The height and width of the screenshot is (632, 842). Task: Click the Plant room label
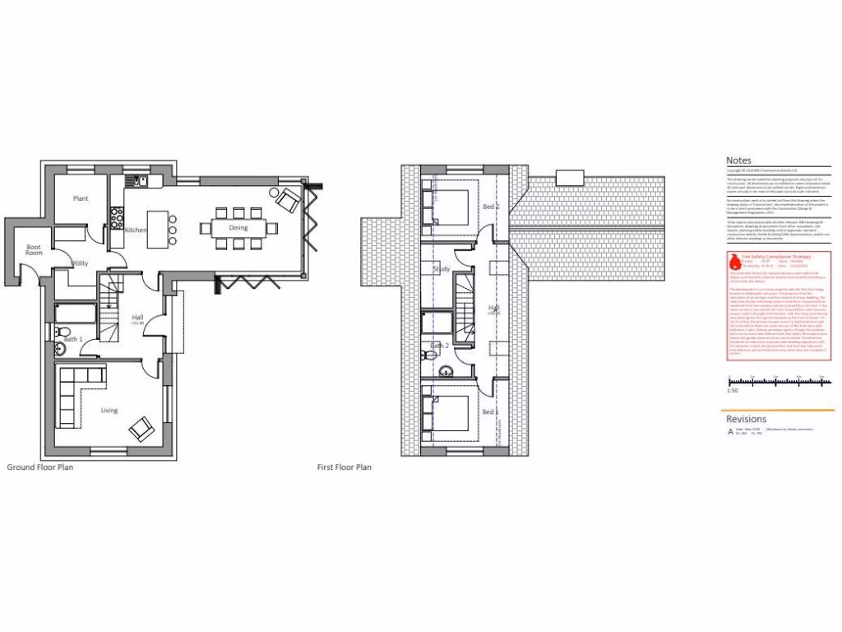pyautogui.click(x=81, y=199)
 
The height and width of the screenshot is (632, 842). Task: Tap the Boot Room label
pyautogui.click(x=34, y=250)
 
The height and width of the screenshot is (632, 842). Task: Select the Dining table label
pyautogui.click(x=238, y=228)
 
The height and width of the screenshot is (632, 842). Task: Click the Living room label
pyautogui.click(x=109, y=411)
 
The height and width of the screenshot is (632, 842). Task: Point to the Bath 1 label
pyautogui.click(x=74, y=338)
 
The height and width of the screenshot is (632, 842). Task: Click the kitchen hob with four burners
pyautogui.click(x=117, y=218)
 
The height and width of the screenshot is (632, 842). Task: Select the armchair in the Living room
pyautogui.click(x=141, y=427)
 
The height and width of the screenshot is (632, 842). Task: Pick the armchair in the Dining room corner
pyautogui.click(x=288, y=199)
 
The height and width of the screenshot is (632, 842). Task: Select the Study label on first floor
pyautogui.click(x=442, y=269)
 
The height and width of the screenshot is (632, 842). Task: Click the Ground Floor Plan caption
pyautogui.click(x=39, y=467)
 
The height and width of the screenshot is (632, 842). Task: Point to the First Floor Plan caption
pyautogui.click(x=345, y=467)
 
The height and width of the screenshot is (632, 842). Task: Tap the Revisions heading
pyautogui.click(x=746, y=420)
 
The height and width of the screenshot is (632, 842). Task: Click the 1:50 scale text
pyautogui.click(x=733, y=390)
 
